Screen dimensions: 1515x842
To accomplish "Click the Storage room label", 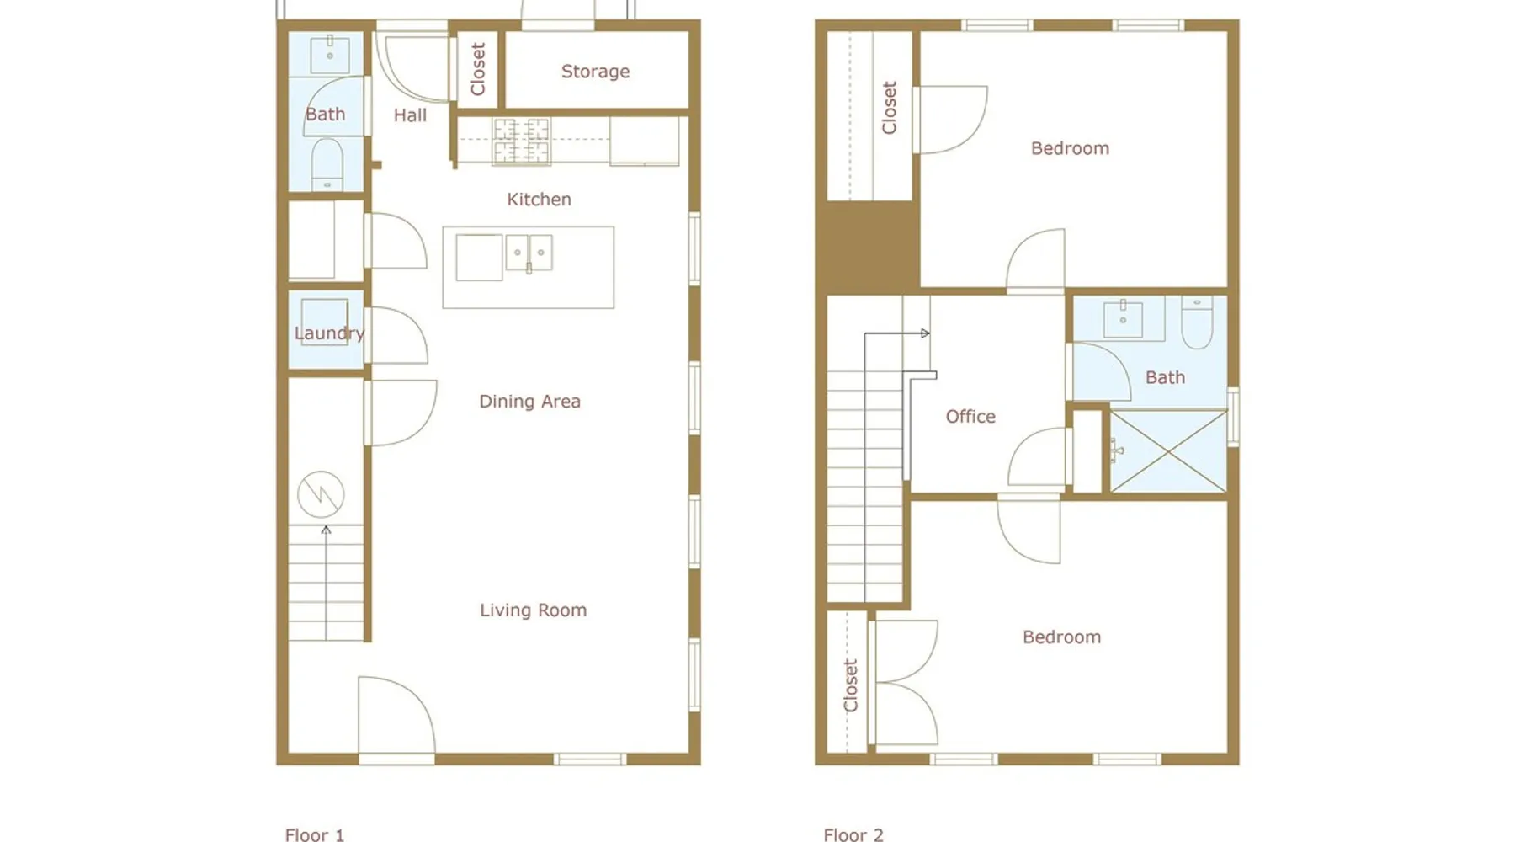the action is pos(595,72).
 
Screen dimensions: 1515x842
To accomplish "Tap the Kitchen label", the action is pos(539,200).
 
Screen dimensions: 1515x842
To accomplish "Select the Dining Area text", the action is pos(529,402).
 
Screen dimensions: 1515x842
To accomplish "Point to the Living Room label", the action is pos(533,610).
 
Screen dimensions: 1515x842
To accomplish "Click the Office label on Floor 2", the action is pos(970,417).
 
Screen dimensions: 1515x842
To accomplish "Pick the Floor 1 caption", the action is pos(314,835).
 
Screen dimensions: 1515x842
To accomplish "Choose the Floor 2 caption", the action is pos(853,835).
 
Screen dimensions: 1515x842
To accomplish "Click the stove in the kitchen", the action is pos(522,141).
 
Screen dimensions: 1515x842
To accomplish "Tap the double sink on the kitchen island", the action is pos(529,253).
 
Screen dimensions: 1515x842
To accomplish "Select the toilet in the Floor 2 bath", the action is pos(1197,322).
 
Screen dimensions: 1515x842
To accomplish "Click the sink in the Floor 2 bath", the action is pos(1123,318).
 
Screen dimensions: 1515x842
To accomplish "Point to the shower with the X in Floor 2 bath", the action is pos(1168,451).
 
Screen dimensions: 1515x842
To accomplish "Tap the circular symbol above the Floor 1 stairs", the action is pos(321,493).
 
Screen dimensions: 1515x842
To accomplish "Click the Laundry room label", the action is pos(329,333).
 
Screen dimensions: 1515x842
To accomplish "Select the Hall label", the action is pos(410,115).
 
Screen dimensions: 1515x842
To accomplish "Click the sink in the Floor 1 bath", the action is pos(329,55).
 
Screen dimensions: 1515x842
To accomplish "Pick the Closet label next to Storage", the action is pos(478,69).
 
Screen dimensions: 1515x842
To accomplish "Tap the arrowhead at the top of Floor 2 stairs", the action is pos(926,333).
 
